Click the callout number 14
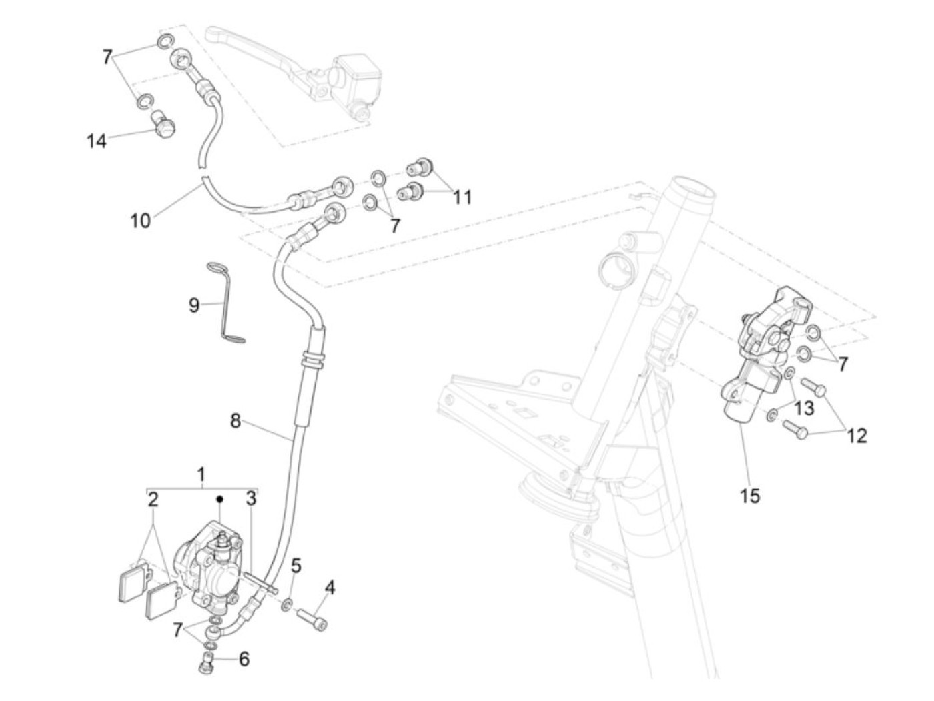(x=97, y=141)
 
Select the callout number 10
(x=140, y=220)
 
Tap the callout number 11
(x=462, y=197)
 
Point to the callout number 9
(x=194, y=305)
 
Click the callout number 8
(x=235, y=421)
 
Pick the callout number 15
(x=750, y=496)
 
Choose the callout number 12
(x=857, y=436)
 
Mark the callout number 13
(x=805, y=407)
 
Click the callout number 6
(x=244, y=659)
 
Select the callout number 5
(x=296, y=566)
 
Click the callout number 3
(x=251, y=498)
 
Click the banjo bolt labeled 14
(x=163, y=125)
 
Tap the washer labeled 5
(x=286, y=605)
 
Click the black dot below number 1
(x=219, y=498)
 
